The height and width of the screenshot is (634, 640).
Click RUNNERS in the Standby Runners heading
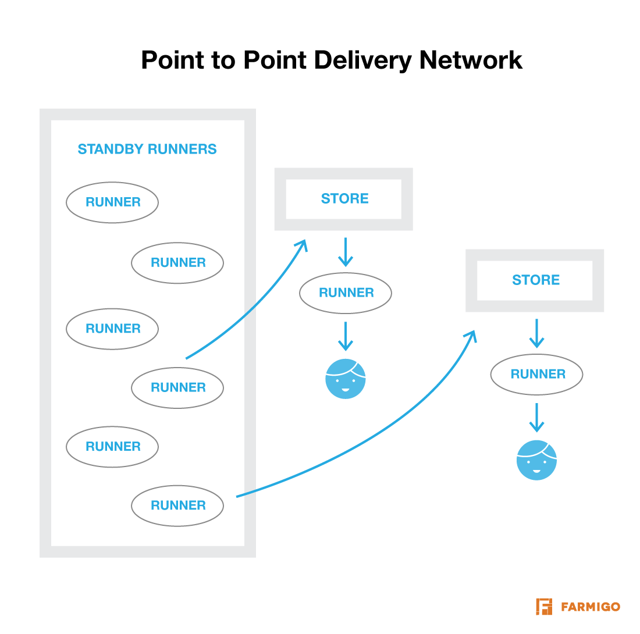[x=182, y=149]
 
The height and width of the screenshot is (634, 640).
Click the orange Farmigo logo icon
[x=544, y=606]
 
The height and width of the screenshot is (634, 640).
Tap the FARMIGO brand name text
[x=591, y=607]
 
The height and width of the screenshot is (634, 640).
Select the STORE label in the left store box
[x=344, y=198]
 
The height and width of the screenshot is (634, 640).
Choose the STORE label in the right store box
[x=535, y=280]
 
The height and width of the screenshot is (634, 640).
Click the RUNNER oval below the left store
[x=346, y=293]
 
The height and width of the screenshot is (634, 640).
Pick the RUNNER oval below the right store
[x=537, y=374]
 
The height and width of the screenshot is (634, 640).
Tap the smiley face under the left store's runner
[x=346, y=379]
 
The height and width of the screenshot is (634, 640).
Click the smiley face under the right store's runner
[x=536, y=460]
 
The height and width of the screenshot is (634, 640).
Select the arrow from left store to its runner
[x=346, y=251]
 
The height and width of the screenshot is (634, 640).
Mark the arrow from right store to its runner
[x=536, y=333]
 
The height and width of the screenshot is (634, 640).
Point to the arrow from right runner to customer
[x=536, y=418]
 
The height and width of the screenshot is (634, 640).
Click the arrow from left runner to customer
[x=346, y=336]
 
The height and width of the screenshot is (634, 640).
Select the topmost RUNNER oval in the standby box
[x=112, y=202]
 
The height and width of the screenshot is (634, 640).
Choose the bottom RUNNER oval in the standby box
[x=177, y=505]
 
